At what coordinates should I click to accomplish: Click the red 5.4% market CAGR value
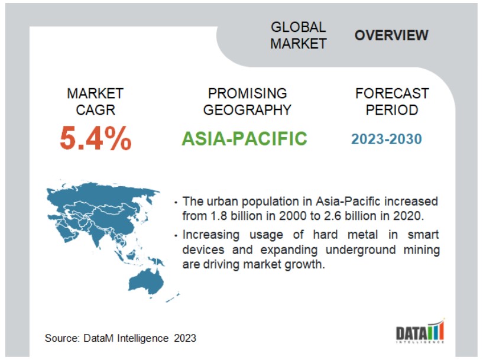pyautogui.click(x=96, y=138)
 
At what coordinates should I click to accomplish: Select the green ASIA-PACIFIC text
pyautogui.click(x=244, y=138)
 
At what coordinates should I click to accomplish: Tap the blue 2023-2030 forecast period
pyautogui.click(x=386, y=139)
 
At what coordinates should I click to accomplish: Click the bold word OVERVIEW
pyautogui.click(x=391, y=35)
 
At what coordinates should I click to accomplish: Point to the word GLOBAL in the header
pyautogui.click(x=298, y=27)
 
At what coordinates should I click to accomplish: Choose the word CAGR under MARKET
pyautogui.click(x=96, y=110)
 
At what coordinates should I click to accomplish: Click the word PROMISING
pyautogui.click(x=247, y=93)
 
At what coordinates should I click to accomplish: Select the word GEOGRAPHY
pyautogui.click(x=247, y=110)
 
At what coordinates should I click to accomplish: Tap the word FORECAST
pyautogui.click(x=392, y=93)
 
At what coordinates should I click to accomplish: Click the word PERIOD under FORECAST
pyautogui.click(x=392, y=110)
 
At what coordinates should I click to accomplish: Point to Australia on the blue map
pyautogui.click(x=146, y=281)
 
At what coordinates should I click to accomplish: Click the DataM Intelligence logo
pyautogui.click(x=420, y=332)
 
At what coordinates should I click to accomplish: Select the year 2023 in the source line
pyautogui.click(x=185, y=338)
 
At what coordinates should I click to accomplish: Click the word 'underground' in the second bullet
pyautogui.click(x=361, y=249)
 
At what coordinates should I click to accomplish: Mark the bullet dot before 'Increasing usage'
pyautogui.click(x=176, y=236)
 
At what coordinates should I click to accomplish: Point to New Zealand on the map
pyautogui.click(x=173, y=297)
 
